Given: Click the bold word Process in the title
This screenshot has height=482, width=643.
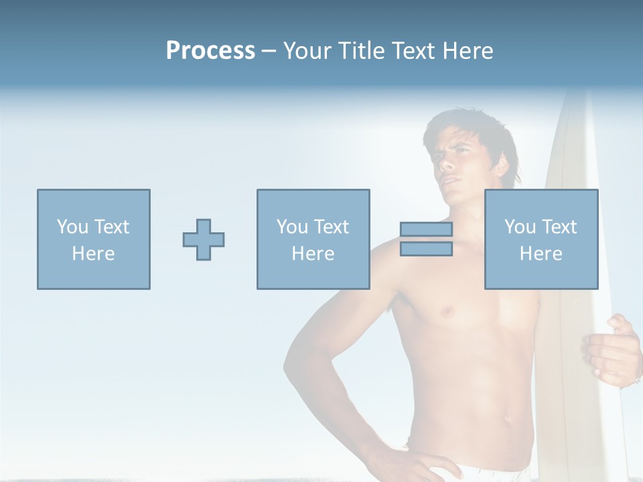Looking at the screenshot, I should tap(210, 51).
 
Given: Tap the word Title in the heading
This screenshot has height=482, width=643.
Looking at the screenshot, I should tap(362, 51).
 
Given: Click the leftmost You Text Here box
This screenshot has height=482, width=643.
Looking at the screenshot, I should tap(94, 240).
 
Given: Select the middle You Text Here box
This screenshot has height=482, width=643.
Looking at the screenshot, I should tap(313, 240).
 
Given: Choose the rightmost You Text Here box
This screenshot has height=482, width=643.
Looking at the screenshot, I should tap(541, 240).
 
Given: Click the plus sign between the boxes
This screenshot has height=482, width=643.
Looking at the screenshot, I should tap(204, 240).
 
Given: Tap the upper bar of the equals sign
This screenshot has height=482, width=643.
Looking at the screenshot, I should tap(426, 230).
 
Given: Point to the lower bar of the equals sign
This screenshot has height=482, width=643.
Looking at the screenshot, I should tap(426, 249).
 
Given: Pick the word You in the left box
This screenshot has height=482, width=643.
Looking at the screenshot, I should tap(72, 227).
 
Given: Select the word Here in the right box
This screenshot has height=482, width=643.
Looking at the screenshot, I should tap(541, 254).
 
